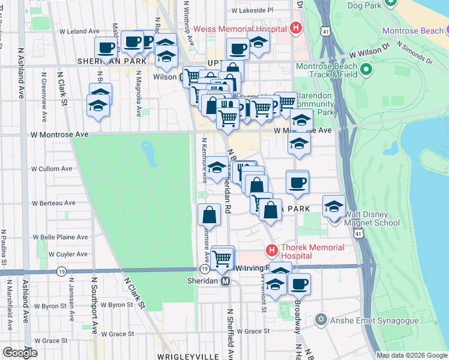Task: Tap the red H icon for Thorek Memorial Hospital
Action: tap(271, 250)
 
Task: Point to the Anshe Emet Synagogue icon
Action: tap(322, 319)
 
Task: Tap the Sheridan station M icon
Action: tap(226, 281)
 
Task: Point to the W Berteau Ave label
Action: tap(54, 203)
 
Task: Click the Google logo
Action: tap(20, 352)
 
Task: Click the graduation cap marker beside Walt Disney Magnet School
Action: tap(334, 207)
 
